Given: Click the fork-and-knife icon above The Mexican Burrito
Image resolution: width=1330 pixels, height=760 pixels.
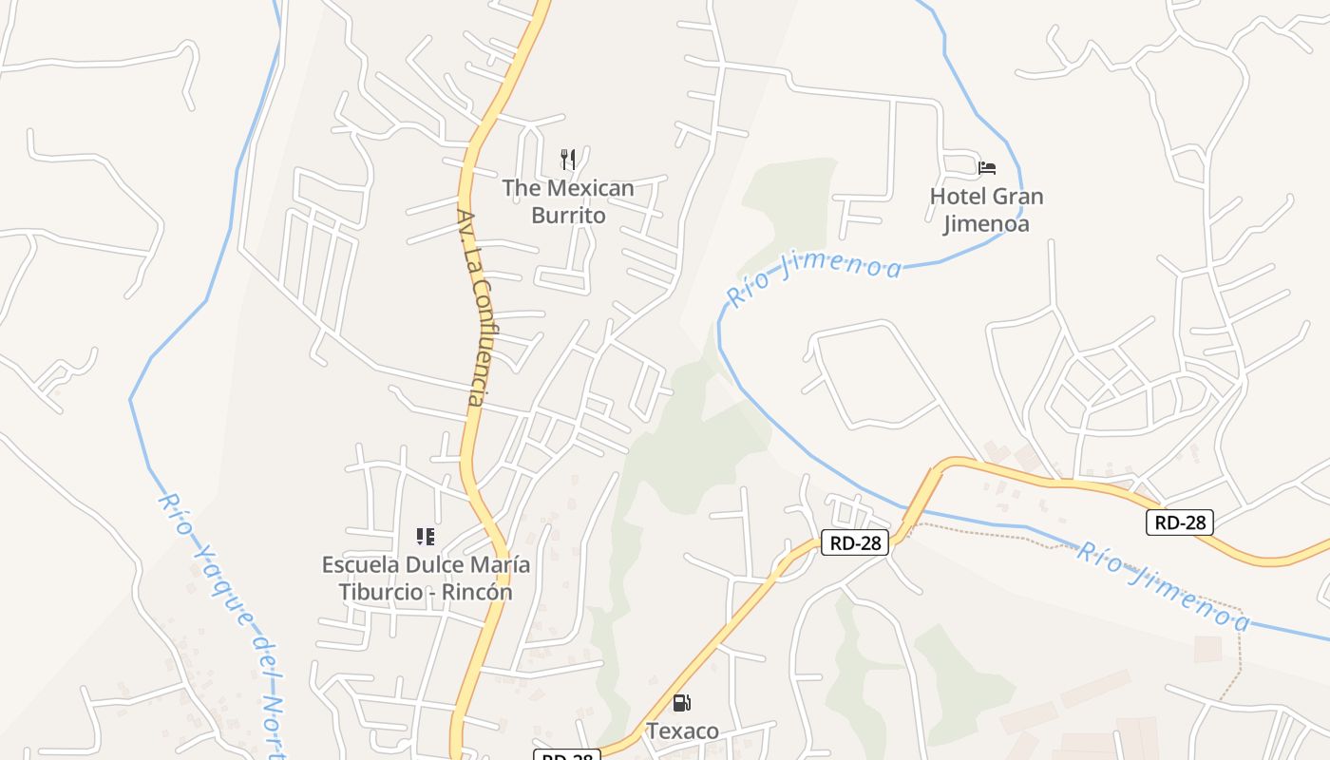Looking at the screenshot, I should (x=568, y=159).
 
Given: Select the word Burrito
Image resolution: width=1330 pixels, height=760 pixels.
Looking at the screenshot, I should (x=568, y=216).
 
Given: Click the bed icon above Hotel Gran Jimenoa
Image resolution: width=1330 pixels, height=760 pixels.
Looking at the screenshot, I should (x=987, y=168).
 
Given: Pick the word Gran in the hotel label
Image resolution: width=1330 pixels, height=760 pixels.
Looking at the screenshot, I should (x=1017, y=197).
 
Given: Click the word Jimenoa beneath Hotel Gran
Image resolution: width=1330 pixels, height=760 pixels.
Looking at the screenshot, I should (x=986, y=224).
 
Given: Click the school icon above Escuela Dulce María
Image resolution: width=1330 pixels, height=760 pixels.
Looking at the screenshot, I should (x=426, y=537).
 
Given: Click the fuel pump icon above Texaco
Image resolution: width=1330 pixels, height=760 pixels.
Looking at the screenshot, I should (x=681, y=703).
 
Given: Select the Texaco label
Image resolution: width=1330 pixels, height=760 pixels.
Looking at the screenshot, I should (x=682, y=731).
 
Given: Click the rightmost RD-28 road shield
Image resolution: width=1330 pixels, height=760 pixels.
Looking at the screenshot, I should (x=1179, y=522).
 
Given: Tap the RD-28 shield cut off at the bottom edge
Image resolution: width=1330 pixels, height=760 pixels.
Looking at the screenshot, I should (x=567, y=755).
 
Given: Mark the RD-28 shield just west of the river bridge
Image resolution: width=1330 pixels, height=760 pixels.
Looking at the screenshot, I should (x=855, y=542).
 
